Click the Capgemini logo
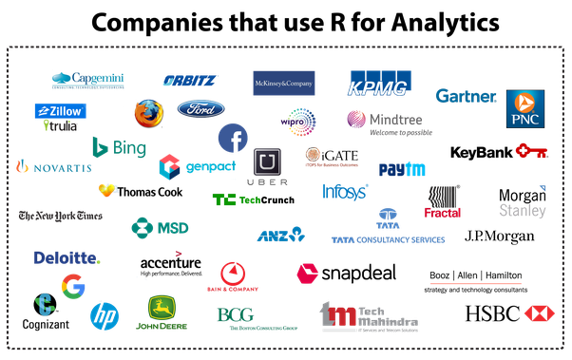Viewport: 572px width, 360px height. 88,81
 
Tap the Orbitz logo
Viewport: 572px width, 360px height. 190,81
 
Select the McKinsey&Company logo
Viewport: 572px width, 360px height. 283,84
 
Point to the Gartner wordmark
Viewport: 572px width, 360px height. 466,96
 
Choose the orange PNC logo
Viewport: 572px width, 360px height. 524,107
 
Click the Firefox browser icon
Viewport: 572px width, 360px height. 147,113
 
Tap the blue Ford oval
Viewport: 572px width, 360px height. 200,108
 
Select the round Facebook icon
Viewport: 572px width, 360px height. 233,139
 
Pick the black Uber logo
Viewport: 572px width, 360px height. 267,167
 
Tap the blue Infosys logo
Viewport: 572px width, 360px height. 345,193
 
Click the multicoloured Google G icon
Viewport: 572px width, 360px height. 73,284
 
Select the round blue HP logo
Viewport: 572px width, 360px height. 105,314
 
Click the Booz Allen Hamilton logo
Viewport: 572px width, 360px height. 476,280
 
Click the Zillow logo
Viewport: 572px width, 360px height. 61,110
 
